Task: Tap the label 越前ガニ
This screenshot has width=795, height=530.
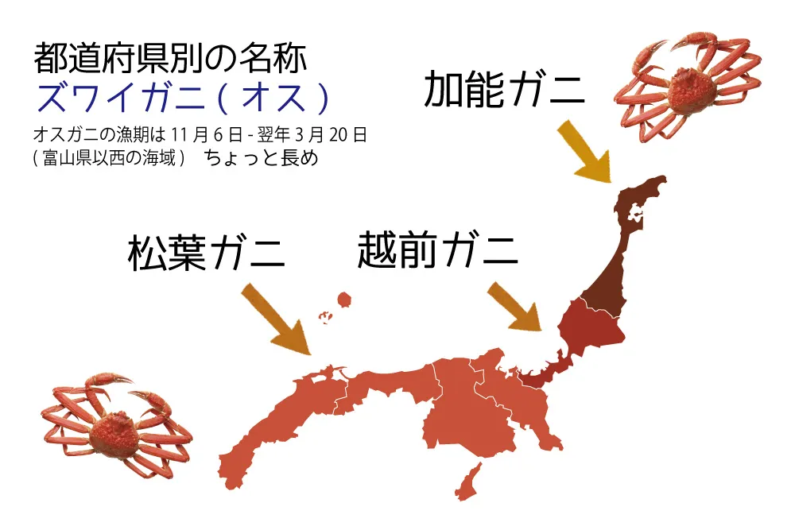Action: click(437, 250)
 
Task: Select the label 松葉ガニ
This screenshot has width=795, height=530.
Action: click(206, 253)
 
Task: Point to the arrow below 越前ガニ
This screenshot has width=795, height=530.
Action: click(514, 306)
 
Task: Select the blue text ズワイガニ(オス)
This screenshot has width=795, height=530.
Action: click(182, 99)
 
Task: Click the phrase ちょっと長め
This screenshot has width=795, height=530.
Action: click(262, 158)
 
